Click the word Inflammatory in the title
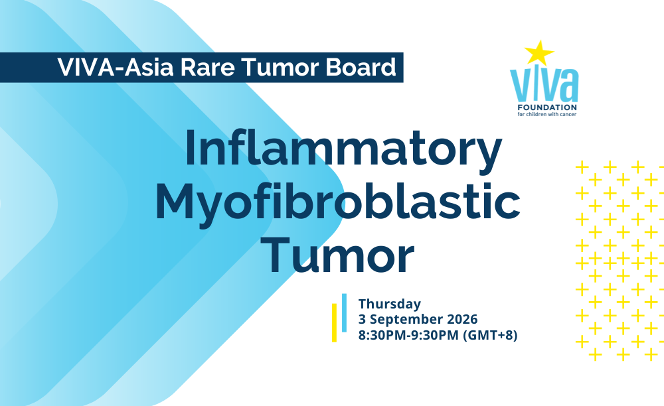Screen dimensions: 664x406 point(343,149)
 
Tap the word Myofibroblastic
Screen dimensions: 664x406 point(338,203)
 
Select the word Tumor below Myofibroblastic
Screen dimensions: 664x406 point(337,255)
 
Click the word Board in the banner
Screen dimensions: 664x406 point(361,67)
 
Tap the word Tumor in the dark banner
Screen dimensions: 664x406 point(280,67)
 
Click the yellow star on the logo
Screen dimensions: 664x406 point(539,53)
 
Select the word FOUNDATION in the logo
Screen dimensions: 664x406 point(547,107)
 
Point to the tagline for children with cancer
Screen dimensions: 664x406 point(546,114)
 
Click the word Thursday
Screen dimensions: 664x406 point(390,304)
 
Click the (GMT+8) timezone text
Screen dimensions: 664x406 point(490,335)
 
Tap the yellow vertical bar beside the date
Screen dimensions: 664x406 point(334,322)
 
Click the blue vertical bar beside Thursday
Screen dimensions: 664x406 point(344,312)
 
